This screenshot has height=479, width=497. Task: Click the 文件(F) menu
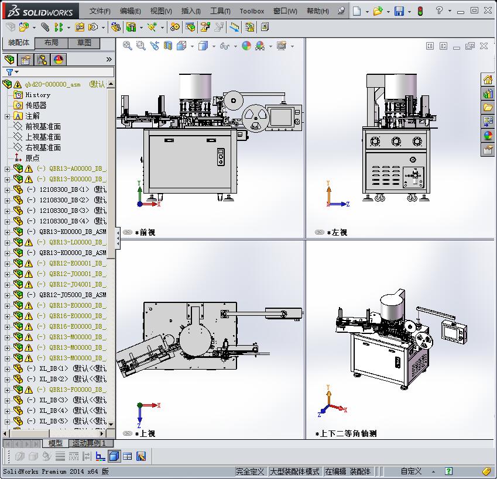(100, 11)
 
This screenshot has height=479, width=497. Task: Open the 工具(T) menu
(220, 11)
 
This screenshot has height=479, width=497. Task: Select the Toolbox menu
(252, 11)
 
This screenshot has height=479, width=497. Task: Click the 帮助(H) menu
(317, 11)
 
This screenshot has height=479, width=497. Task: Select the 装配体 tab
(18, 43)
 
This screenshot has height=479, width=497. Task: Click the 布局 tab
(51, 43)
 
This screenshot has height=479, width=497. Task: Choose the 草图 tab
(84, 43)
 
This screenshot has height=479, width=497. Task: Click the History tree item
(37, 95)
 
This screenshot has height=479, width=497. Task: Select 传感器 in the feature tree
(36, 105)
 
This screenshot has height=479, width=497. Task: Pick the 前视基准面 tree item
(43, 126)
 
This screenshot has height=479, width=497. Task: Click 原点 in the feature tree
(32, 158)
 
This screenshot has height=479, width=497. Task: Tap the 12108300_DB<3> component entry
(64, 211)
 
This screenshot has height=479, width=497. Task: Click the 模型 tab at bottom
(55, 443)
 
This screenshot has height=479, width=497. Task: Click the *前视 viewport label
(145, 232)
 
